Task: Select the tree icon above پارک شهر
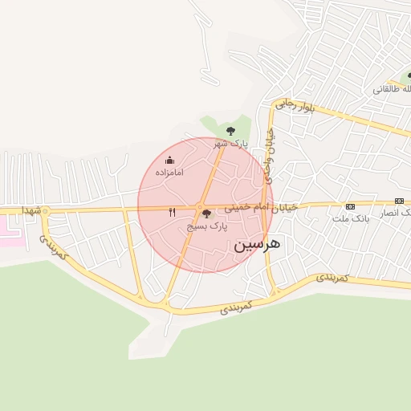pyautogui.click(x=230, y=130)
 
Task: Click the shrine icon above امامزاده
pyautogui.click(x=169, y=160)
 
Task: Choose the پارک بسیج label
pyautogui.click(x=207, y=227)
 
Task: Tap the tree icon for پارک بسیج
pyautogui.click(x=207, y=214)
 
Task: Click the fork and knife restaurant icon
pyautogui.click(x=172, y=213)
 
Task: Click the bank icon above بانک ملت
pyautogui.click(x=349, y=205)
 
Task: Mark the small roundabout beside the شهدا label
pyautogui.click(x=45, y=211)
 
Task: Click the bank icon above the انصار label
pyautogui.click(x=399, y=201)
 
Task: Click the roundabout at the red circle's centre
pyautogui.click(x=201, y=208)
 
